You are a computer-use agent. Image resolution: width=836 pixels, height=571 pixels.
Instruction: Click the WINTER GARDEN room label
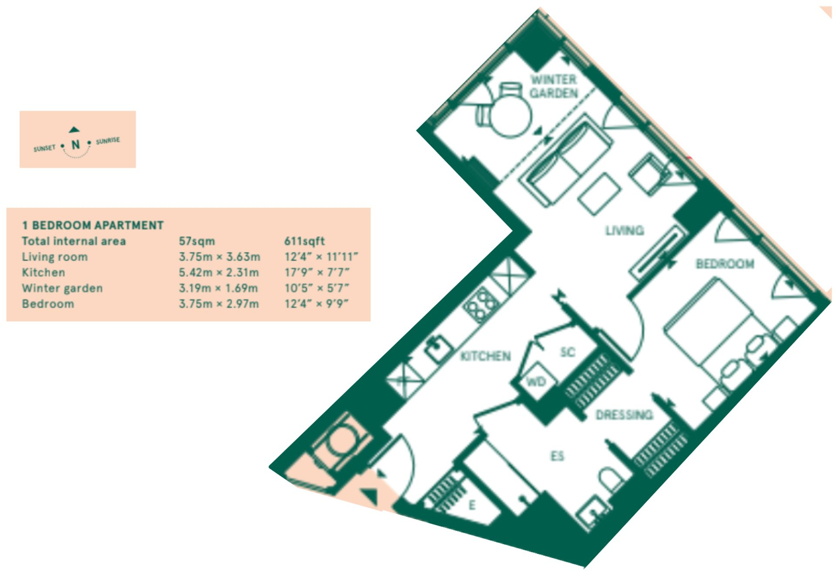(553, 86)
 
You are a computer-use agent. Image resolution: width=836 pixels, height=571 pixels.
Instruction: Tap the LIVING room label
(625, 230)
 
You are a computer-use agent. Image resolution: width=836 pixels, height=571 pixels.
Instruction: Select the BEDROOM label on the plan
(725, 264)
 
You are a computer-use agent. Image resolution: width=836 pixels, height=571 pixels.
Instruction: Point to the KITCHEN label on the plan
(485, 357)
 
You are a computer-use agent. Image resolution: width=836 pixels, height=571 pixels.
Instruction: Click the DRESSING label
(624, 415)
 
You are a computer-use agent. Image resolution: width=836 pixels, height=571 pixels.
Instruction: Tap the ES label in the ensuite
(557, 456)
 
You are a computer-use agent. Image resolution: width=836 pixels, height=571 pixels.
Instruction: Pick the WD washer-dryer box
(536, 382)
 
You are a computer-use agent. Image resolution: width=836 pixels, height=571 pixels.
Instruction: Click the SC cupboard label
(567, 352)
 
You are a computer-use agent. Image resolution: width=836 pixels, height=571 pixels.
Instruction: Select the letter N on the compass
(76, 145)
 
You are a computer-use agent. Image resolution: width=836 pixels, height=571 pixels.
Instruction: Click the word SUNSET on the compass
(44, 148)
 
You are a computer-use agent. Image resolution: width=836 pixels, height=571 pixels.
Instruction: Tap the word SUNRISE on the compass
(107, 140)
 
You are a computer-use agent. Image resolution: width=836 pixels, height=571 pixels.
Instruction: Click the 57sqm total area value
(197, 241)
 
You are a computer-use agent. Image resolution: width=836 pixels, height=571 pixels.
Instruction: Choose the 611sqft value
(304, 241)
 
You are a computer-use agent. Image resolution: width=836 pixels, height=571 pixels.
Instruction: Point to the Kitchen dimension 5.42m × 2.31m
(219, 273)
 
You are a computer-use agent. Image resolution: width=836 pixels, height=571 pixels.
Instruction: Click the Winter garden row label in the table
(62, 288)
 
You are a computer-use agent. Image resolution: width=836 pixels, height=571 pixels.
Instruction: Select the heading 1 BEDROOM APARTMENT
(93, 225)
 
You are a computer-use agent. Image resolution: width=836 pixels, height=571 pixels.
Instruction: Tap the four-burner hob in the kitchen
(481, 303)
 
